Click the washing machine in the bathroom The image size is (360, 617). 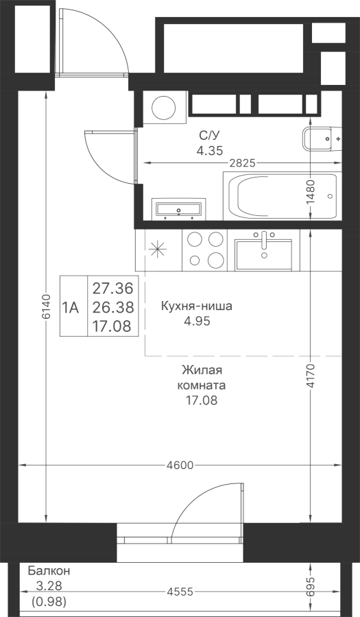165,107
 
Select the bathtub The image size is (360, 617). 281,195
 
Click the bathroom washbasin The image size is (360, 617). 178,208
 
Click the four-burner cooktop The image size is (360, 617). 204,250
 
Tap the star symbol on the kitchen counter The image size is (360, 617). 158,250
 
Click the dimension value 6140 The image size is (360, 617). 47,306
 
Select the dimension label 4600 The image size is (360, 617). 180,465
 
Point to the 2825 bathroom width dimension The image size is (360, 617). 243,163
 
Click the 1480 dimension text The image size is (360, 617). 311,191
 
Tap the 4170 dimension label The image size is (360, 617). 311,376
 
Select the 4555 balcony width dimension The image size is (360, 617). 180,592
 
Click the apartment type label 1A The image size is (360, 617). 71,307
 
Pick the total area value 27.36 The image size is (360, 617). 113,289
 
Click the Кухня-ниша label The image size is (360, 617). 196,306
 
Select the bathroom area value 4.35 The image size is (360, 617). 209,149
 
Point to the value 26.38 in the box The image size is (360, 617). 113,307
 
